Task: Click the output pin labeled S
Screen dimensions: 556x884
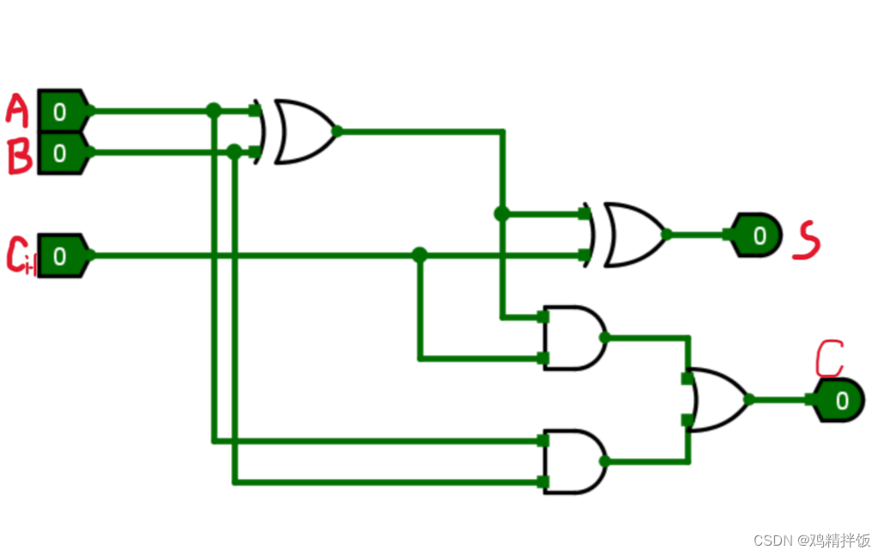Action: pos(757,235)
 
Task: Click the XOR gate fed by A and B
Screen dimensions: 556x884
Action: pos(303,131)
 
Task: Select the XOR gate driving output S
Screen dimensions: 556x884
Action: pos(633,235)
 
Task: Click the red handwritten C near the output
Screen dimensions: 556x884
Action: pos(828,358)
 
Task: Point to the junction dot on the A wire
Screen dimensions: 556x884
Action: pos(214,111)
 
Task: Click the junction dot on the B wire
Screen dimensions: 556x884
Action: pos(234,152)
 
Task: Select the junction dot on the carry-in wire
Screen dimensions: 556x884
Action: pos(420,255)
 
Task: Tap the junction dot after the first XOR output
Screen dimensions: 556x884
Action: pos(502,214)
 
